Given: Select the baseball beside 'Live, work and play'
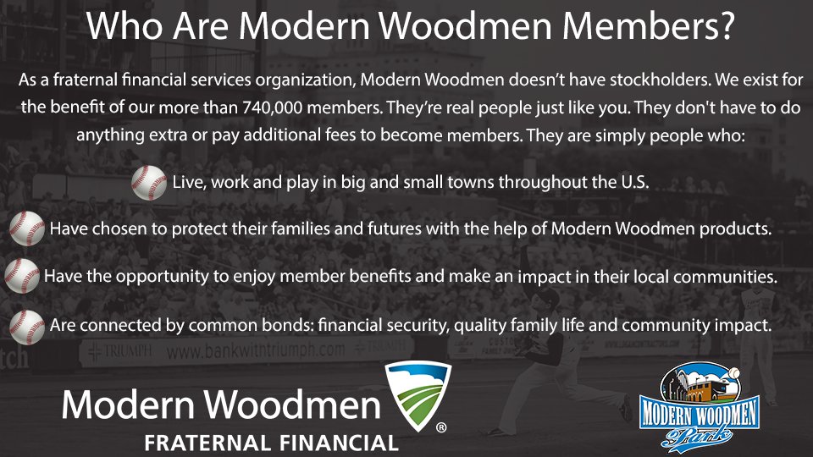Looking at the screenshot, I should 149,182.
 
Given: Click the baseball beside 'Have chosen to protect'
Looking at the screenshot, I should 27,228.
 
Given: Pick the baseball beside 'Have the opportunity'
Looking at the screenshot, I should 21,276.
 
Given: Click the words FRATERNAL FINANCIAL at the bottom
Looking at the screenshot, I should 270,443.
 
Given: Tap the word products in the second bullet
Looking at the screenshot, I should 738,229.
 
